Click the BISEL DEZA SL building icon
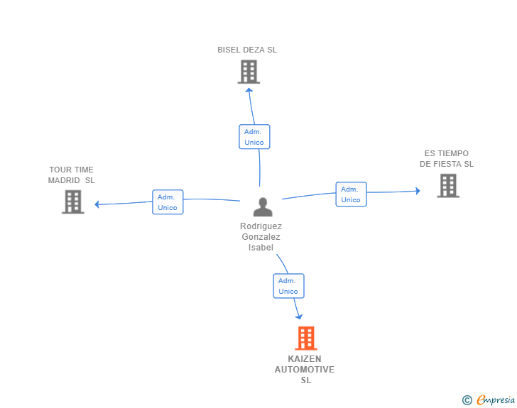pos(249,72)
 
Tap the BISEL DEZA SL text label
pos(247,50)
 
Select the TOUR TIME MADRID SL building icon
pos(73,202)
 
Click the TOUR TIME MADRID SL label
pos(71,175)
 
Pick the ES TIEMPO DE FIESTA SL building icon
pos(448,185)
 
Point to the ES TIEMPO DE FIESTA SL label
pos(447,158)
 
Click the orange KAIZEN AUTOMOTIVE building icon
pos(306,338)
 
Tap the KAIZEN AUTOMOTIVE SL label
pos(305,369)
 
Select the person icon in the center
pos(263,207)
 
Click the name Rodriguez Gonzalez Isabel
pos(261,236)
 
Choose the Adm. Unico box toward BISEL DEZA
pos(254,137)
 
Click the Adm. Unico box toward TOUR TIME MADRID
pos(168,202)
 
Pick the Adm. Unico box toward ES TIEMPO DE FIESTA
pos(351,194)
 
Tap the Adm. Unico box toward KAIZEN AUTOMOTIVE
pos(288,286)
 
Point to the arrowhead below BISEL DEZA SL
pos(249,90)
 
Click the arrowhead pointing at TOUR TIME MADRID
pos(97,204)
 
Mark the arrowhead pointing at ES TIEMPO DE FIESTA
pos(418,191)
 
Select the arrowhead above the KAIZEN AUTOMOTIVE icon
pos(299,316)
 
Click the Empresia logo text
pos(496,400)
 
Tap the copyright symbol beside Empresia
pos(467,400)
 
